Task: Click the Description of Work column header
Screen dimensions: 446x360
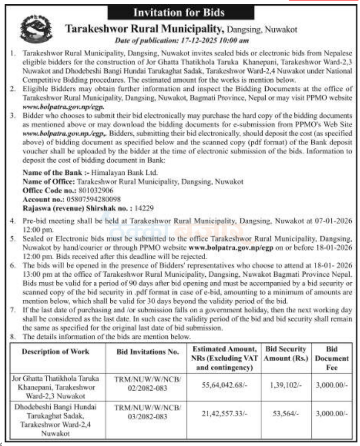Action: click(55, 352)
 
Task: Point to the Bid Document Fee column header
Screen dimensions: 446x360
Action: click(331, 358)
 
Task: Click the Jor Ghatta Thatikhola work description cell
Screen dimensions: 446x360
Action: click(55, 386)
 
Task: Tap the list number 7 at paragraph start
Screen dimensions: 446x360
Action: click(13, 312)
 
